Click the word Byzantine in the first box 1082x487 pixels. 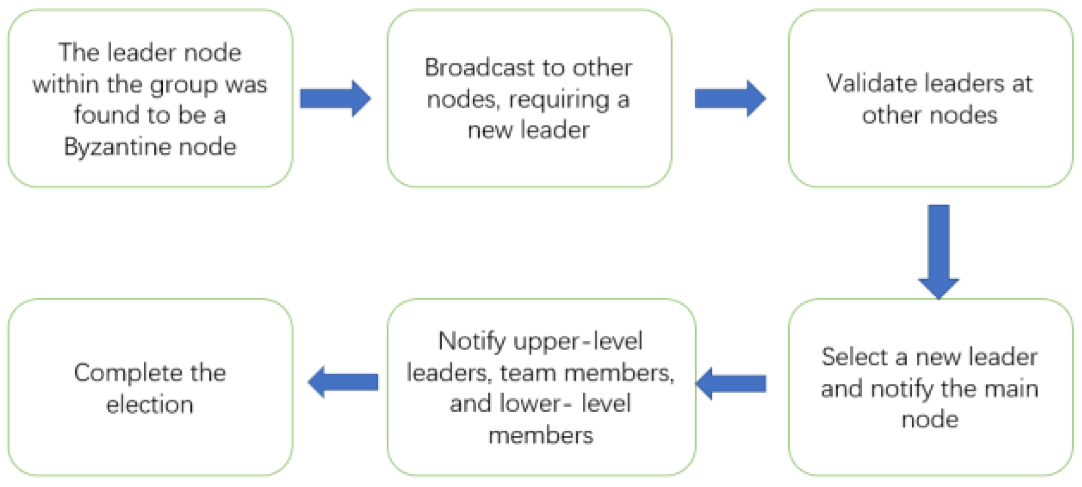pos(117,147)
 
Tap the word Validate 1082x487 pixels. pos(869,84)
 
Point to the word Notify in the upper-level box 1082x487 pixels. pos(472,341)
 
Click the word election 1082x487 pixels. pos(150,405)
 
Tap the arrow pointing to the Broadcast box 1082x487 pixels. pos(335,99)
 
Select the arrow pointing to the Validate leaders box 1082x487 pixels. pos(730,99)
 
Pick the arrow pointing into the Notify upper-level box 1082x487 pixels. pos(732,383)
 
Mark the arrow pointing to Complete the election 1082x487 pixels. pos(343,382)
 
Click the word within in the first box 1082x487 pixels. pos(65,85)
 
